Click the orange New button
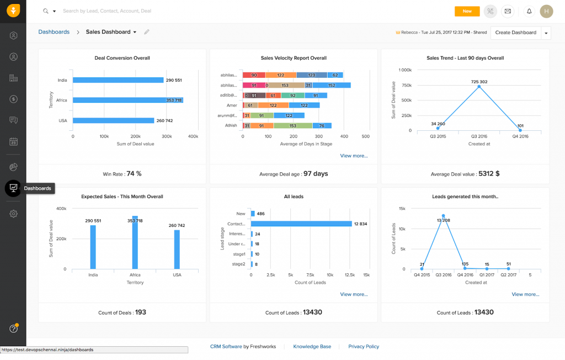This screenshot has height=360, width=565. pos(467,11)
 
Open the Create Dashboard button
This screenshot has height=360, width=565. pos(515,33)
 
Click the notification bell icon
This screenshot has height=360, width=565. pos(529,11)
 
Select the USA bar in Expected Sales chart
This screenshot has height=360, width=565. pos(177,249)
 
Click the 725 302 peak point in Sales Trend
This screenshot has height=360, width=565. pos(479,87)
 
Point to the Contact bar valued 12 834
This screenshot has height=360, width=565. pos(301,224)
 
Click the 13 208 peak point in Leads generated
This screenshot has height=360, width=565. pos(443,216)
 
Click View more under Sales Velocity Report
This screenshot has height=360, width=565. pos(354,156)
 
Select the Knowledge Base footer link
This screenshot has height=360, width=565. pos(312,347)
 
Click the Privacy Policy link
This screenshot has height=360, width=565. pos(364,347)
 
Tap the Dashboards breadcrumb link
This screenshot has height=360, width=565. pos(54,32)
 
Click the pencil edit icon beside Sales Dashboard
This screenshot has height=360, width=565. pos(147,32)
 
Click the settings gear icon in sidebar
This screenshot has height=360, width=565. pos(13,214)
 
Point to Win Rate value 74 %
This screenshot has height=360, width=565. pos(134,173)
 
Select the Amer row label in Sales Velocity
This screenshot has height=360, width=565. pos(232,105)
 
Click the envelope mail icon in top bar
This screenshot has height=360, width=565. pos(508,11)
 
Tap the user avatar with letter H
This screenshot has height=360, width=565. pos(546,11)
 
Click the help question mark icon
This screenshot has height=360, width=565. pos(13,329)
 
